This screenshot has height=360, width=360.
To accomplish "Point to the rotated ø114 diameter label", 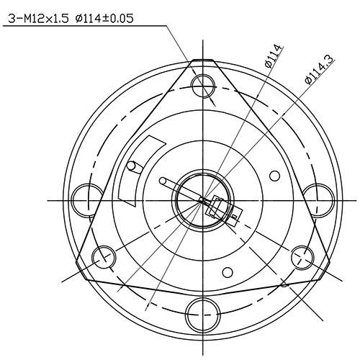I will [273, 55].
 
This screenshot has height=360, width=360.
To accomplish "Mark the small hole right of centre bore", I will [274, 175].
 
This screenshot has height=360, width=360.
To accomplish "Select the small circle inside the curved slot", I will [132, 166].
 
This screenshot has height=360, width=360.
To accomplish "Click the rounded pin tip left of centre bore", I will [163, 180].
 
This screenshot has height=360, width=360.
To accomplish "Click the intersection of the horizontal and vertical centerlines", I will [202, 199].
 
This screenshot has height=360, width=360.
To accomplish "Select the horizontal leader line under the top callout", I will [86, 26].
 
